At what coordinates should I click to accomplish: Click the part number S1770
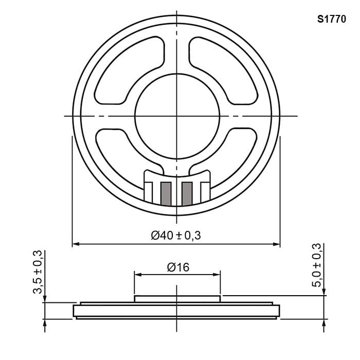(x=331, y=20)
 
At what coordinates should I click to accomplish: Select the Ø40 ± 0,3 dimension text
(x=176, y=236)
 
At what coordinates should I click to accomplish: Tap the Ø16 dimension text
(x=178, y=267)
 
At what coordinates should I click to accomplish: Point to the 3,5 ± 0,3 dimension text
(x=38, y=272)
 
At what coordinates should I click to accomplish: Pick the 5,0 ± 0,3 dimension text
(x=316, y=265)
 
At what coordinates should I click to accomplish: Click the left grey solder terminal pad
(x=166, y=194)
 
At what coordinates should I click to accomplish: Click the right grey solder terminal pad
(x=187, y=194)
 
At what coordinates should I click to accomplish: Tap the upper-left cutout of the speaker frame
(x=129, y=70)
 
